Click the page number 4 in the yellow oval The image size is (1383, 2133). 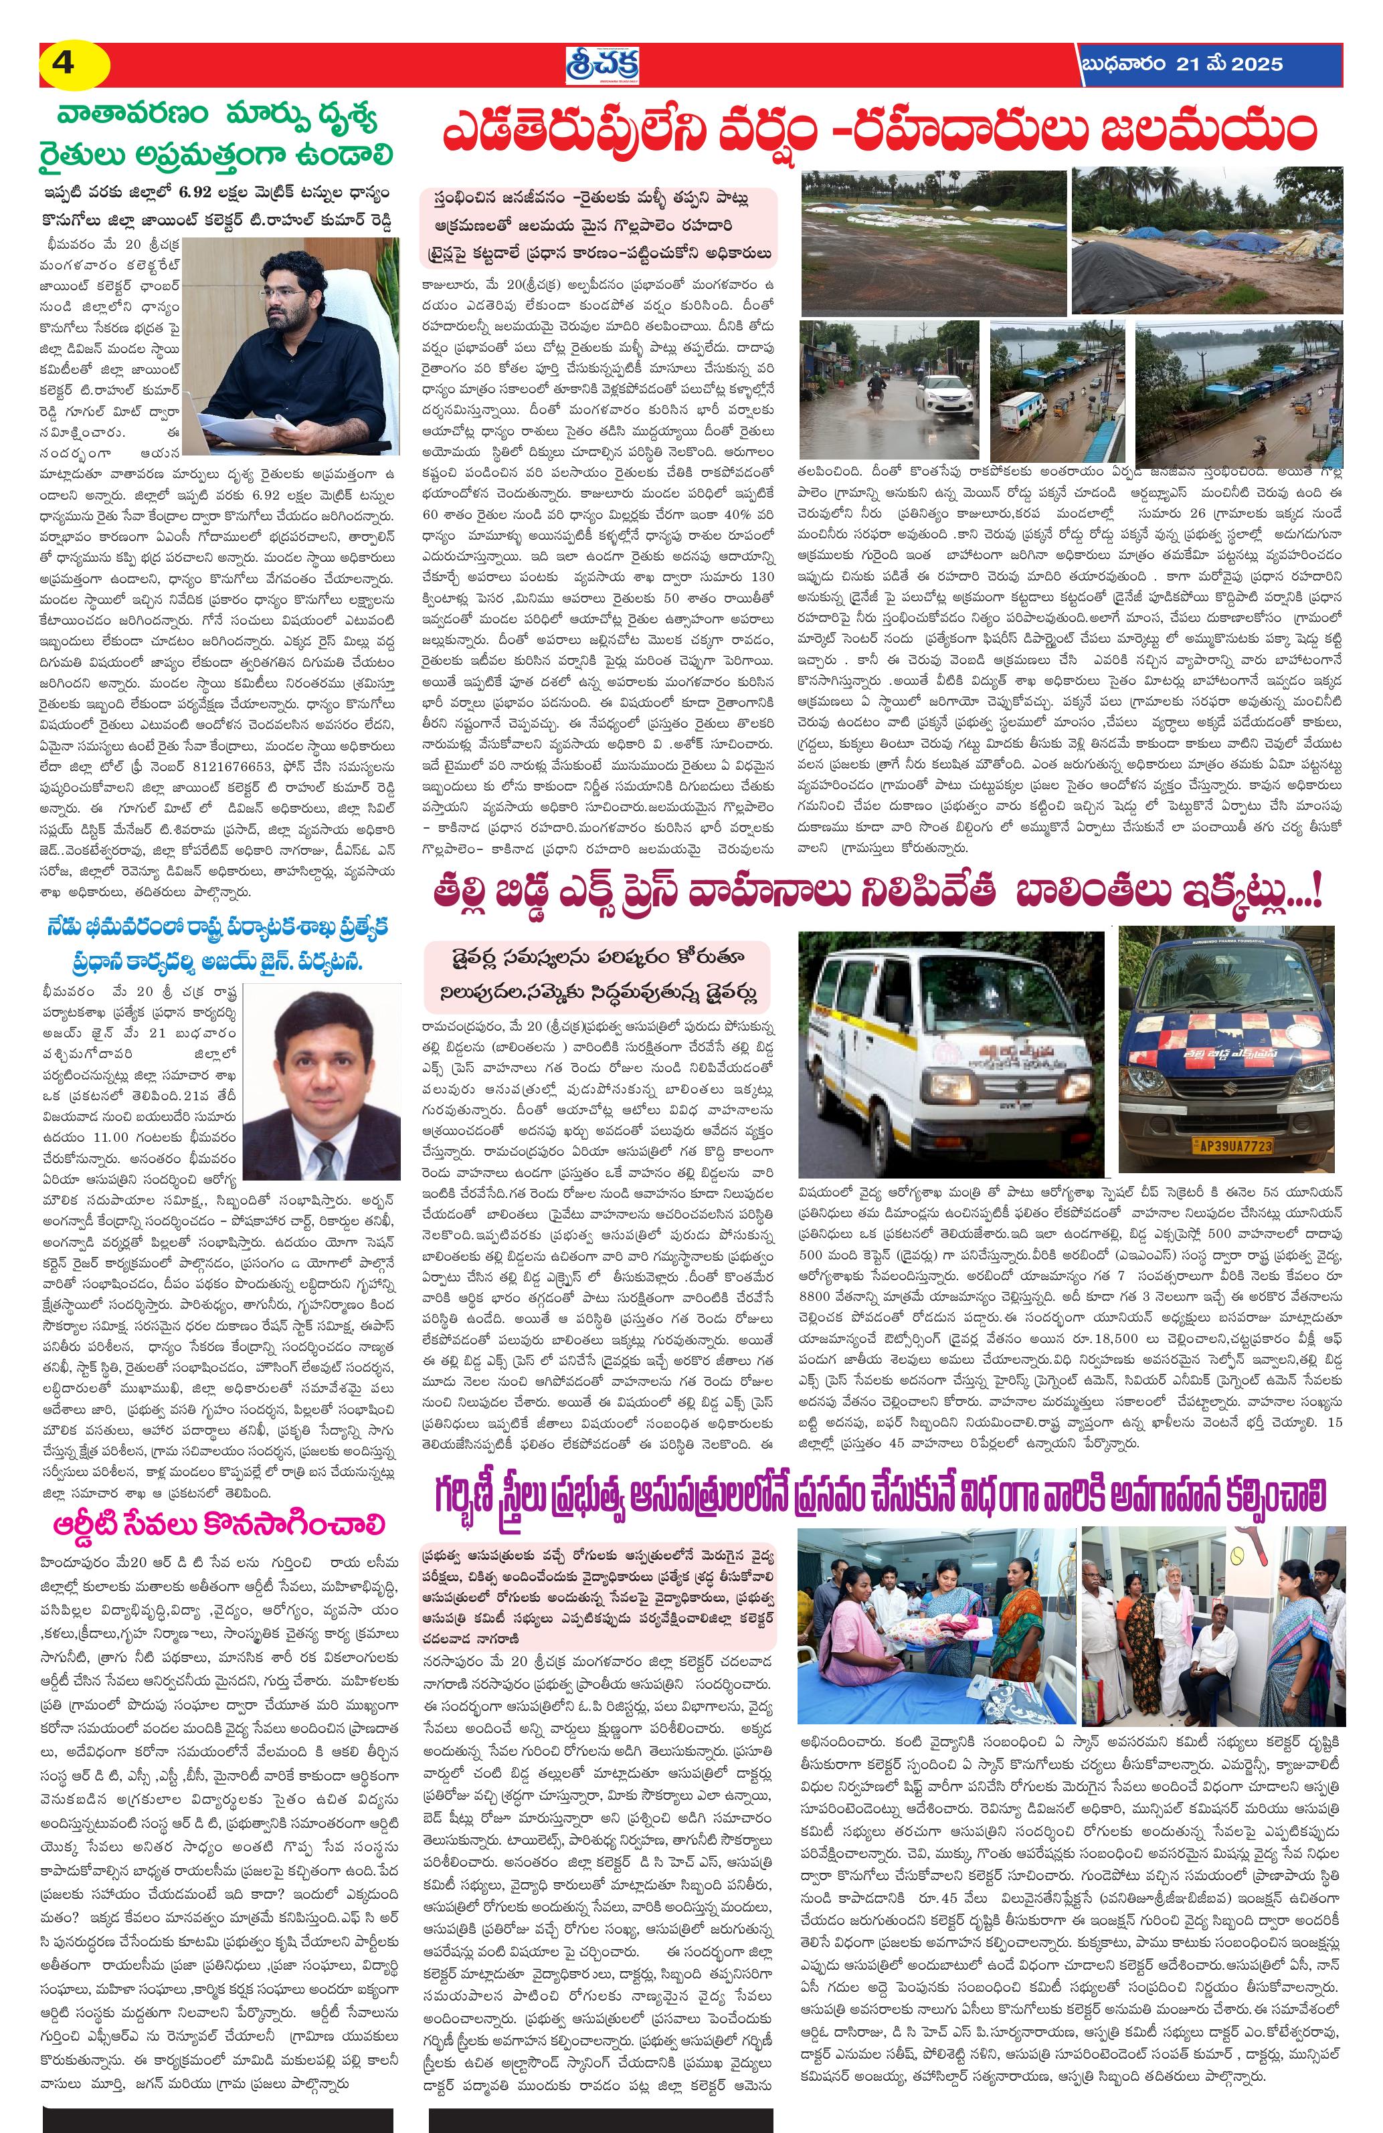click(x=64, y=64)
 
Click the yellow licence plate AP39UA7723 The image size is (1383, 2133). click(x=1220, y=1145)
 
